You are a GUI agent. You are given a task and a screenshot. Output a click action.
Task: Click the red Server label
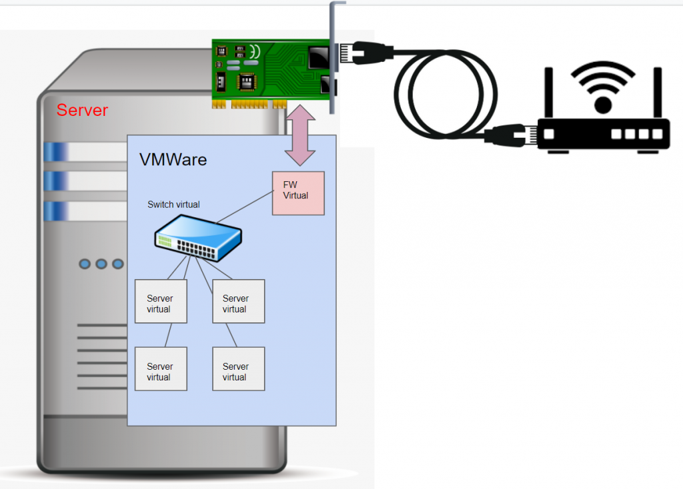click(82, 110)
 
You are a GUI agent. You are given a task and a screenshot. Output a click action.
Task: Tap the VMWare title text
click(173, 160)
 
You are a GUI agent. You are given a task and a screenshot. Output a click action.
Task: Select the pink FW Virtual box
click(298, 193)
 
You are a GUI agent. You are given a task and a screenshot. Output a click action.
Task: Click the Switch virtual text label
click(173, 205)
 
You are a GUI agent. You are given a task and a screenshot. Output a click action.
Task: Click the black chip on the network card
click(247, 81)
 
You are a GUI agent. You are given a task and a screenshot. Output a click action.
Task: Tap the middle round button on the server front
click(101, 264)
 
